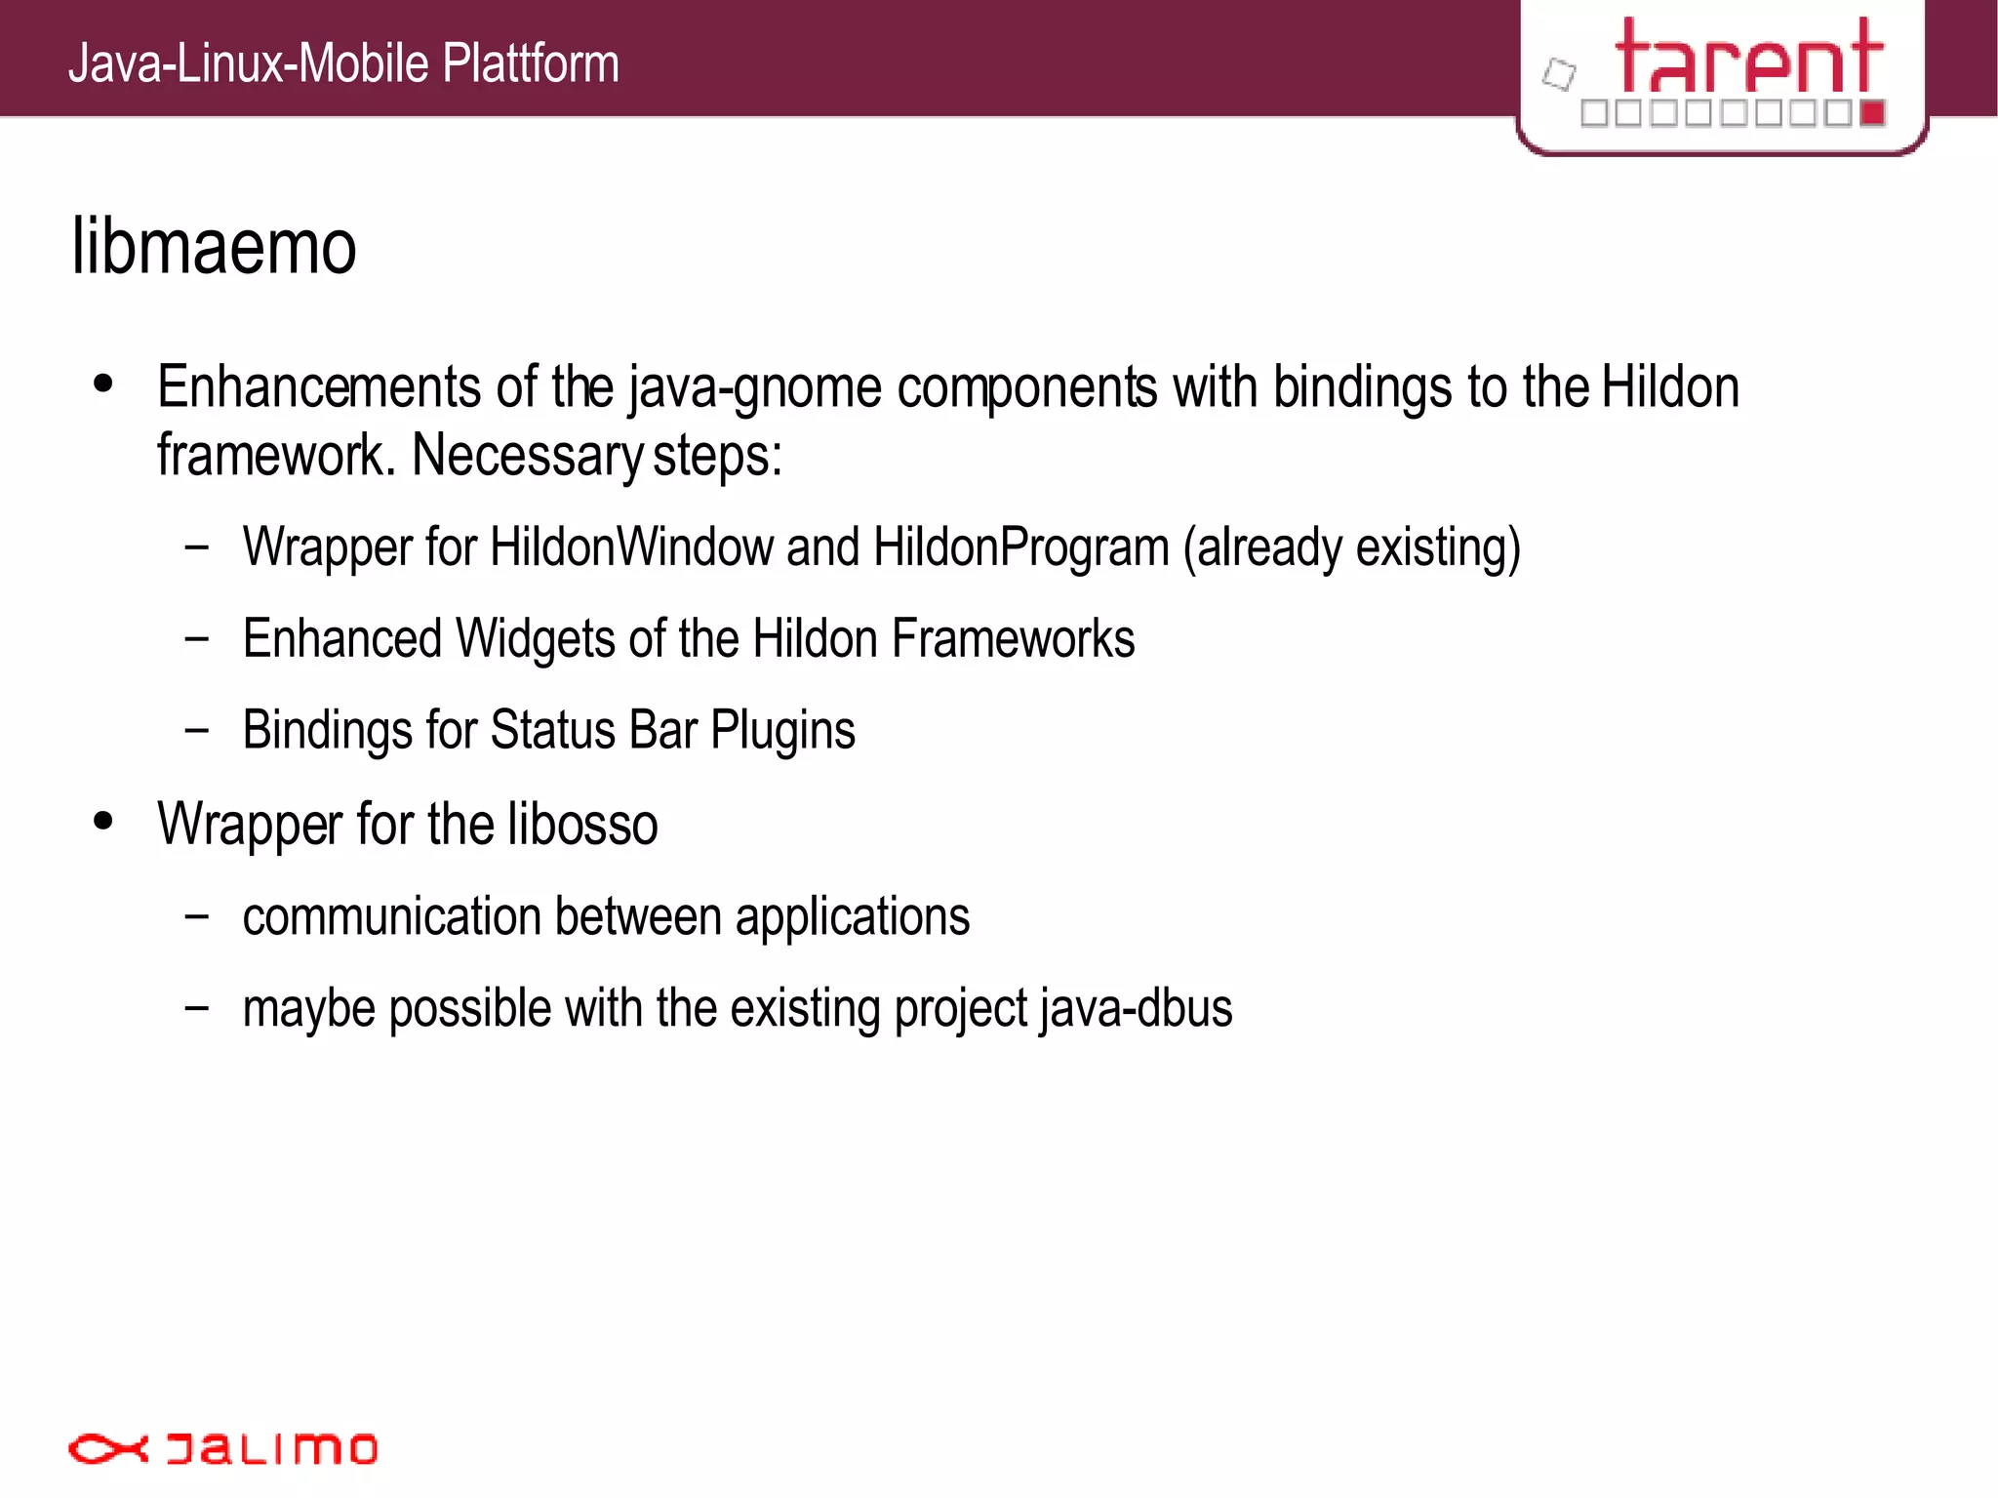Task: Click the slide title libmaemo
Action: coord(214,247)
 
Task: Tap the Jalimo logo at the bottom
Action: coord(222,1448)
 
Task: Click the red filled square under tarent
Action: coord(1872,113)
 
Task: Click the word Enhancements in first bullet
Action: coord(319,387)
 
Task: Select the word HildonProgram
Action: coord(1020,547)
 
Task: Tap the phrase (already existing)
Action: coord(1351,547)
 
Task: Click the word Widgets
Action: coord(536,639)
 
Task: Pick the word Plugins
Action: coord(782,731)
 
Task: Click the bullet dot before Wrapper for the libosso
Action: coord(103,822)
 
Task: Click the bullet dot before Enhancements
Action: coord(103,385)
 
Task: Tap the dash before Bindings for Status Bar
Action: coord(197,729)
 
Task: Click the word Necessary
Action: coord(526,456)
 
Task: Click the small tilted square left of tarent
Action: coord(1559,74)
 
